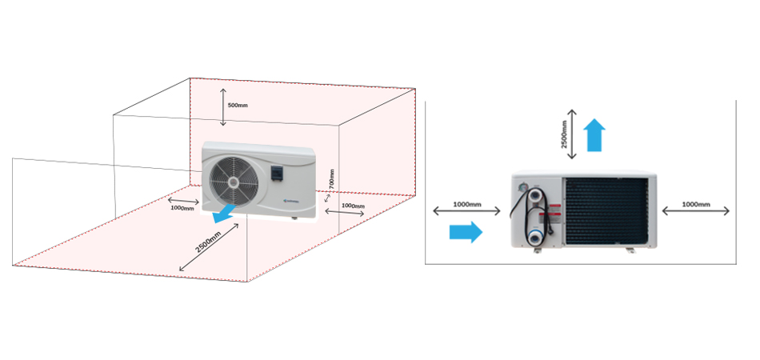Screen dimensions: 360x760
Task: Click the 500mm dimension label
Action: pyautogui.click(x=238, y=106)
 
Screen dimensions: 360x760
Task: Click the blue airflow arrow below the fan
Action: pyautogui.click(x=225, y=212)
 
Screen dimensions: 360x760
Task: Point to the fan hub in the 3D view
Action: pyautogui.click(x=234, y=182)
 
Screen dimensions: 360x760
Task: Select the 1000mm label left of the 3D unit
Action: pyautogui.click(x=182, y=207)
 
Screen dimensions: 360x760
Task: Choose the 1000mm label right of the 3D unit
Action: pyautogui.click(x=352, y=206)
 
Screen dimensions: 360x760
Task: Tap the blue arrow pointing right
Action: pyautogui.click(x=465, y=232)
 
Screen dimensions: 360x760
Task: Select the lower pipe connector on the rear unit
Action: pyautogui.click(x=534, y=238)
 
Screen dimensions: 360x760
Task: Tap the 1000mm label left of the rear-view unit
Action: pyautogui.click(x=467, y=205)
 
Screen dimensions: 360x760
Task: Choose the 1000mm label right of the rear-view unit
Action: pyautogui.click(x=696, y=205)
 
